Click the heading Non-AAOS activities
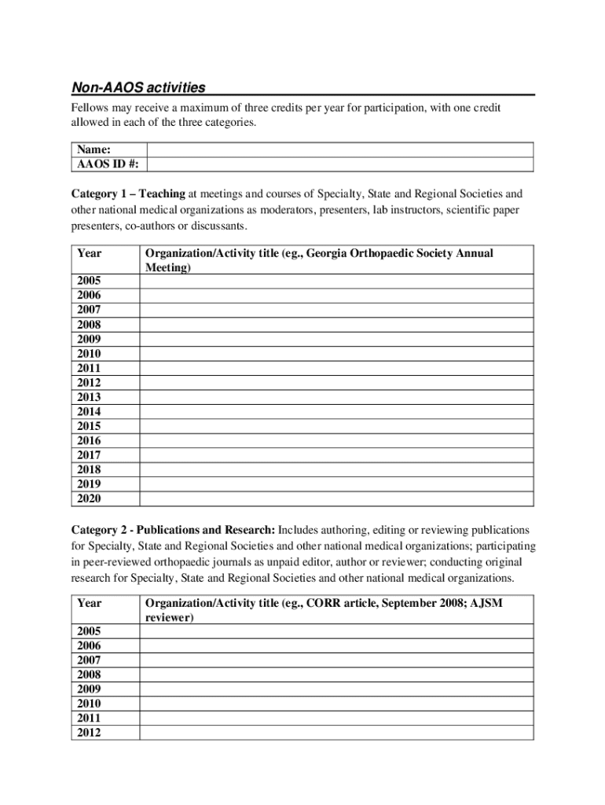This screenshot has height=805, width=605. (x=138, y=87)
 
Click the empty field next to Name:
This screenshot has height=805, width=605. (x=340, y=149)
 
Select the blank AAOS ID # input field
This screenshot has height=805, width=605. (x=340, y=164)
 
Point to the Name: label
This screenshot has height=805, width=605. (x=93, y=149)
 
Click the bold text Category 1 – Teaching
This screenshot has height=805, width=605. (x=129, y=193)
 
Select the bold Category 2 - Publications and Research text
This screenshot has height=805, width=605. (x=174, y=530)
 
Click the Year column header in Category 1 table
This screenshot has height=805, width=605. (x=90, y=254)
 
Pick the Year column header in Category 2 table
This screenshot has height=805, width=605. (x=90, y=603)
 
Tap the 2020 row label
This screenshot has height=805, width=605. (x=89, y=498)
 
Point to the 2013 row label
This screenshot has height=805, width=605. (x=89, y=397)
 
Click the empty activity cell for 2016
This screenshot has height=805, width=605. (x=336, y=441)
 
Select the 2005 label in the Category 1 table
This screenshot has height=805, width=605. (x=89, y=281)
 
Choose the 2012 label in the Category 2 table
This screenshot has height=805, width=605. (x=89, y=733)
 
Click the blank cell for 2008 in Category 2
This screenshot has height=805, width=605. (x=336, y=675)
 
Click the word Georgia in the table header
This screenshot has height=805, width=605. (x=326, y=254)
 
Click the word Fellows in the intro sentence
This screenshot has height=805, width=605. (x=90, y=108)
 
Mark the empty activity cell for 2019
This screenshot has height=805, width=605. (x=336, y=484)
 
